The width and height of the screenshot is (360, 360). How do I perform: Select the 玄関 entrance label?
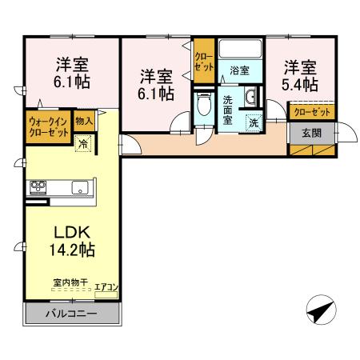click(311, 133)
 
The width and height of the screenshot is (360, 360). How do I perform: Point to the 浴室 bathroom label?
click(239, 70)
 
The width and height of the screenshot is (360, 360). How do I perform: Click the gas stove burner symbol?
click(38, 188)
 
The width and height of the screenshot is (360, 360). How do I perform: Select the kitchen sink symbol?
click(79, 188)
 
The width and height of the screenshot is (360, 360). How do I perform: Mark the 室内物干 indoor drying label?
click(70, 282)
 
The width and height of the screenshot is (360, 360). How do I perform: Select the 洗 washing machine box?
click(253, 123)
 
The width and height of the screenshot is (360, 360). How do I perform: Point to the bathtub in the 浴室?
click(239, 50)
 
